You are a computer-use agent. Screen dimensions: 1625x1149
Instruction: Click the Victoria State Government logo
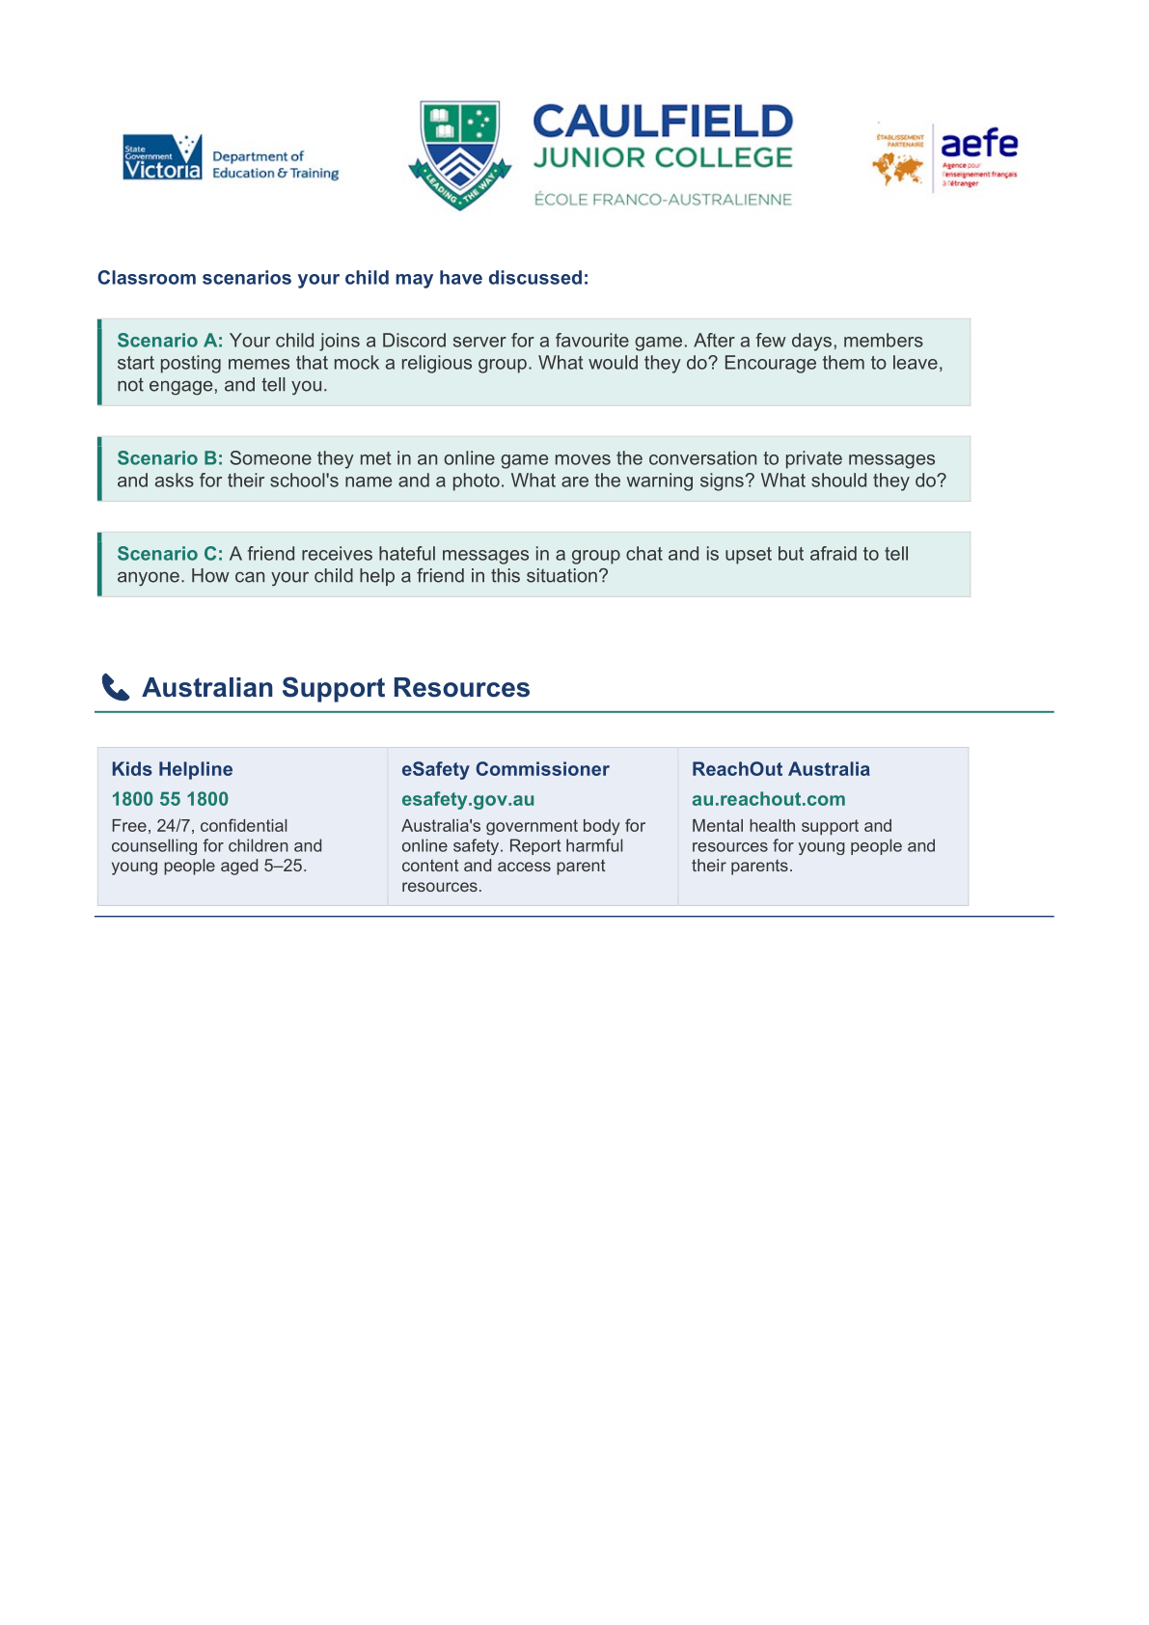click(x=162, y=157)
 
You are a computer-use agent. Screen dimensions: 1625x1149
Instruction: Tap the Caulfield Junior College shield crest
click(x=460, y=153)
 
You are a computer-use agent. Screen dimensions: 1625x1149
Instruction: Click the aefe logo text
click(x=978, y=144)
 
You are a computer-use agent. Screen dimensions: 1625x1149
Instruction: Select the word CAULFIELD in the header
click(x=663, y=123)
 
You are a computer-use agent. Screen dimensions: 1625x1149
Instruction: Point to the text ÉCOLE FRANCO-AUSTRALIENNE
click(x=663, y=200)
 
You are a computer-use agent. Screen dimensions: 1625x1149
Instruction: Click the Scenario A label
click(x=170, y=341)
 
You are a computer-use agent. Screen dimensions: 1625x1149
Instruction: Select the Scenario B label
click(x=170, y=458)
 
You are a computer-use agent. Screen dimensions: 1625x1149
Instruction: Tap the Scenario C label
click(x=170, y=554)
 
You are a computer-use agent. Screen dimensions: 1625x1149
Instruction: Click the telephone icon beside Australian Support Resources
click(x=116, y=688)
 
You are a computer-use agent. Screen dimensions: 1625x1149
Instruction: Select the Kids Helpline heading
click(x=172, y=769)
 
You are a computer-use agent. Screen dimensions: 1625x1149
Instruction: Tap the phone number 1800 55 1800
click(x=170, y=799)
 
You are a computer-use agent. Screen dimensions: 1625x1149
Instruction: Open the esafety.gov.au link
click(x=468, y=799)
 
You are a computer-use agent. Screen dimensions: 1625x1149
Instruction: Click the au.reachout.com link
click(x=768, y=799)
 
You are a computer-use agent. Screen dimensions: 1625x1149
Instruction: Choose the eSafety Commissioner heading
click(x=505, y=769)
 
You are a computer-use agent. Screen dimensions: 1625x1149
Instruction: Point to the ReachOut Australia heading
click(x=780, y=769)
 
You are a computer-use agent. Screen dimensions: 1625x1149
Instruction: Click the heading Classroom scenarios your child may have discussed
click(x=342, y=278)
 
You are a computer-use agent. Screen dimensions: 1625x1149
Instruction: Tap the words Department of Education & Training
click(x=275, y=165)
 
